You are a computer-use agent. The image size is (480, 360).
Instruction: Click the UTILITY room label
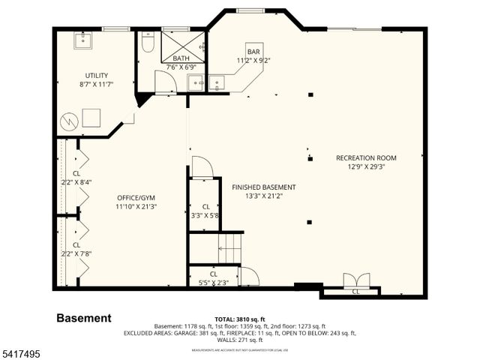[x=96, y=75]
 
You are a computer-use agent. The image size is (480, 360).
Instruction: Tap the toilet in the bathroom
[x=148, y=43]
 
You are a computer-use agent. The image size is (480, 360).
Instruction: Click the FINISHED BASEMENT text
[x=263, y=187]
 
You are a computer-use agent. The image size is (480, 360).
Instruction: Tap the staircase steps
[x=230, y=247]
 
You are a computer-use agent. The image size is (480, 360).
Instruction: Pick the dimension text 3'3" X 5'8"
[x=203, y=215]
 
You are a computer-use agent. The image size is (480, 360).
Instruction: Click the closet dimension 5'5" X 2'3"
[x=213, y=282]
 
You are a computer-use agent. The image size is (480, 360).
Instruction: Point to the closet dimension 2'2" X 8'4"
[x=76, y=182]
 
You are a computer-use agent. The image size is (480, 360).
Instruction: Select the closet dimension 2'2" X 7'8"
[x=76, y=254]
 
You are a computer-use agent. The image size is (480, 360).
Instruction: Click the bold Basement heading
[x=84, y=318]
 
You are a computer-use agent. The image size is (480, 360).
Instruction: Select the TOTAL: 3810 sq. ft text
[x=239, y=319]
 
